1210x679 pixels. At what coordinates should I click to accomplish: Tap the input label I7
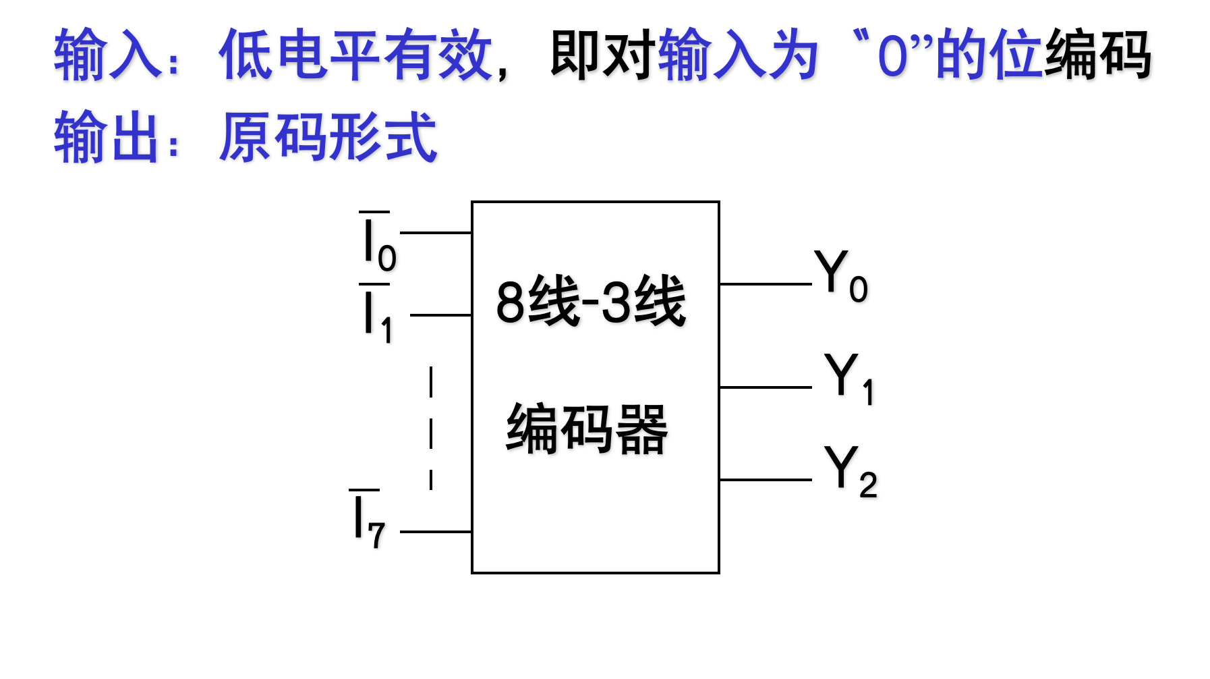coord(368,520)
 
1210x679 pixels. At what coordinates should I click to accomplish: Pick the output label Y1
coord(848,378)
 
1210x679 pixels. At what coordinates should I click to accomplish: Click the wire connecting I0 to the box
coord(436,233)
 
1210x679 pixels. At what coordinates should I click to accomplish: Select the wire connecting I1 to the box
coord(440,315)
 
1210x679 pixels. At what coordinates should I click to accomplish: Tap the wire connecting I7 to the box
coord(436,532)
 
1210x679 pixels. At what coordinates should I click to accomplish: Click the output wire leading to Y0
coord(765,284)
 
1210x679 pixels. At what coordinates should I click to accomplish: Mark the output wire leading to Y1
coord(765,387)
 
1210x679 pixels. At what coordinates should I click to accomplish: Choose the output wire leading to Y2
coord(765,480)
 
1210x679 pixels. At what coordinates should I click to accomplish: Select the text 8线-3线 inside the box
coord(591,301)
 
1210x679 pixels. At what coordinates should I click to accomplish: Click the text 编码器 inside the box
coord(587,429)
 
